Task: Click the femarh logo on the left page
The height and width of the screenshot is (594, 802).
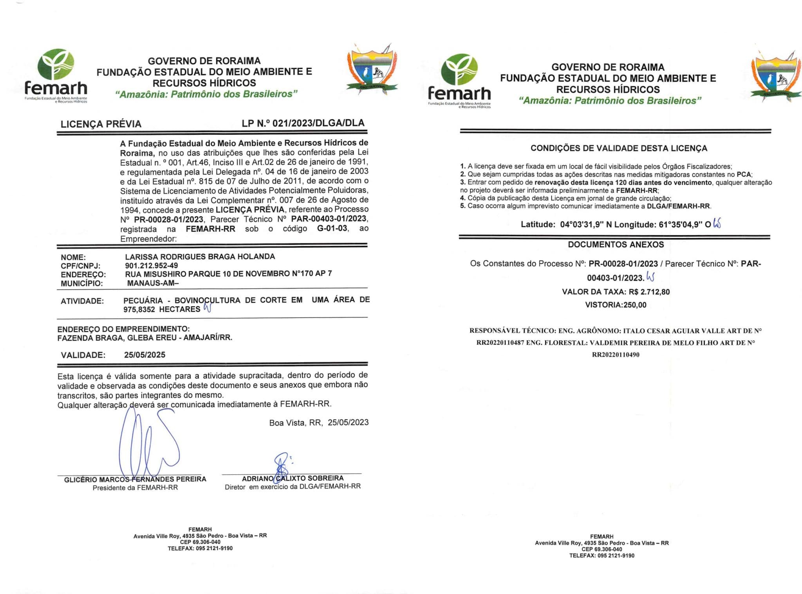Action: [56, 76]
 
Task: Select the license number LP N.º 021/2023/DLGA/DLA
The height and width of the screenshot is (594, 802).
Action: [303, 123]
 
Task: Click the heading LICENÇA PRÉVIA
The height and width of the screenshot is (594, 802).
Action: [101, 124]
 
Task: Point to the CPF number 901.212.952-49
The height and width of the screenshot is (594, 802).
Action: [152, 265]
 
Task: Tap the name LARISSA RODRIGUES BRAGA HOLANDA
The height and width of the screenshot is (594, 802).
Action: [200, 257]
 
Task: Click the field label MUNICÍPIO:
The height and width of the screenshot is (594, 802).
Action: [81, 283]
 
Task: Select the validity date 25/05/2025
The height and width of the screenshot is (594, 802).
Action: [145, 355]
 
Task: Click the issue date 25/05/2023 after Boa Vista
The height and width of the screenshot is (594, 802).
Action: [348, 422]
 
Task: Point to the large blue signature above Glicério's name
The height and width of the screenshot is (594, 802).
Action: [149, 443]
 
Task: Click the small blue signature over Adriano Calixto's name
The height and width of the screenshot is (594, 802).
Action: [281, 466]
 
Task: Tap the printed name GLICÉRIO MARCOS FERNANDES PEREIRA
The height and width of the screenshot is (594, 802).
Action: [135, 479]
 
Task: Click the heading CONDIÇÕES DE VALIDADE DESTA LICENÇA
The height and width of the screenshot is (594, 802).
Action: [619, 148]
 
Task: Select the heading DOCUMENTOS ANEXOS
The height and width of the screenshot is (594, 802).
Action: [616, 244]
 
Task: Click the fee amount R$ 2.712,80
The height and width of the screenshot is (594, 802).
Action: [649, 292]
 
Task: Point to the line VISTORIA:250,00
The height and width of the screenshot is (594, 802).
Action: [616, 305]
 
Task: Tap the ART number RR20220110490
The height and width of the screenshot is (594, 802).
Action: [616, 355]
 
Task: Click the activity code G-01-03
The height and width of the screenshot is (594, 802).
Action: [332, 228]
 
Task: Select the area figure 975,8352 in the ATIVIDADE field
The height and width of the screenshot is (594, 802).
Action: [139, 310]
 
